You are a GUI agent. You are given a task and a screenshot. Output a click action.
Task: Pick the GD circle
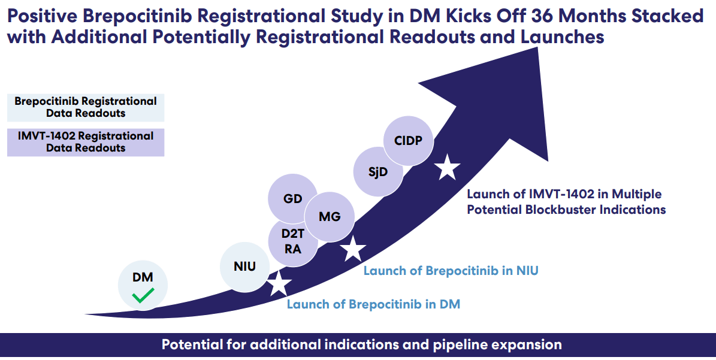[294, 199]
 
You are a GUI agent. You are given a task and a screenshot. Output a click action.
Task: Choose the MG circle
[330, 216]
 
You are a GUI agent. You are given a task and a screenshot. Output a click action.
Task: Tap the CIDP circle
[409, 141]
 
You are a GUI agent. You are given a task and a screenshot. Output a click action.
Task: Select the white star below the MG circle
[353, 248]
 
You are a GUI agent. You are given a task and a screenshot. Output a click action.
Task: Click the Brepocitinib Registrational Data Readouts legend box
[86, 107]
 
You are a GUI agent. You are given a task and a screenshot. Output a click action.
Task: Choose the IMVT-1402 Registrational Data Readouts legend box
[86, 143]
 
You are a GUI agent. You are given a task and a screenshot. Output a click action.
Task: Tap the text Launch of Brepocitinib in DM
[373, 304]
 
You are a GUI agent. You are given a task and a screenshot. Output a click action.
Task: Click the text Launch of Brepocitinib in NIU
[451, 271]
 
